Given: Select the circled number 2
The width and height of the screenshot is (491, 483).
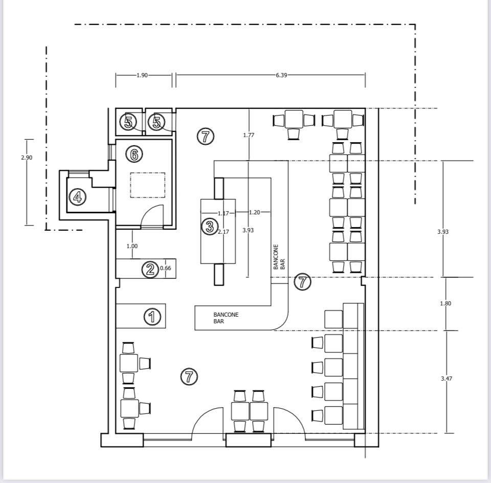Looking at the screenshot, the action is (150, 269).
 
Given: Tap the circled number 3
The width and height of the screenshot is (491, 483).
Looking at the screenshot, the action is (209, 226).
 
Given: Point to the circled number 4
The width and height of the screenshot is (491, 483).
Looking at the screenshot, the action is (77, 197).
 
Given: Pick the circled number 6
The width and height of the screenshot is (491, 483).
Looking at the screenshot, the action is (134, 154).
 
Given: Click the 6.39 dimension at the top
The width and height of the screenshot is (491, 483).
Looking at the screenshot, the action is (281, 75).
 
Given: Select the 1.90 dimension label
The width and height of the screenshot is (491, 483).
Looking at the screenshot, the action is (142, 75).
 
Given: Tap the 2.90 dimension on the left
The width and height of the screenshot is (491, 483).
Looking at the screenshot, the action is (27, 158).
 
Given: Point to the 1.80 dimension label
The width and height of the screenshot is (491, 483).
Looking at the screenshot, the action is (445, 303).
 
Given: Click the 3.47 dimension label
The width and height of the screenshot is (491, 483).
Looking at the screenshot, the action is (447, 379).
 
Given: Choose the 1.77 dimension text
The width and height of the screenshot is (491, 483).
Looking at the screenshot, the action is (249, 135).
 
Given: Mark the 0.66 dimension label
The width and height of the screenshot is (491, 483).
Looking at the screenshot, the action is (165, 268).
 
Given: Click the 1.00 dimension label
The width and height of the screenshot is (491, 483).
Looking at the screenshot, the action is (132, 246).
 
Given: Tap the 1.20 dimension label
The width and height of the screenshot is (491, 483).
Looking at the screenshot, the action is (254, 212).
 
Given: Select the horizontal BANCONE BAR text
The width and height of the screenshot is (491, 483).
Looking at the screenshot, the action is (226, 318).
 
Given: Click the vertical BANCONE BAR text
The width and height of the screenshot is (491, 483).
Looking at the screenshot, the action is (279, 257).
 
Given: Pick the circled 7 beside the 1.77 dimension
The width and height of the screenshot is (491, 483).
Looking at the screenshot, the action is (206, 136).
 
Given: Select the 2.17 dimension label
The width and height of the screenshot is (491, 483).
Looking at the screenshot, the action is (224, 232).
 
